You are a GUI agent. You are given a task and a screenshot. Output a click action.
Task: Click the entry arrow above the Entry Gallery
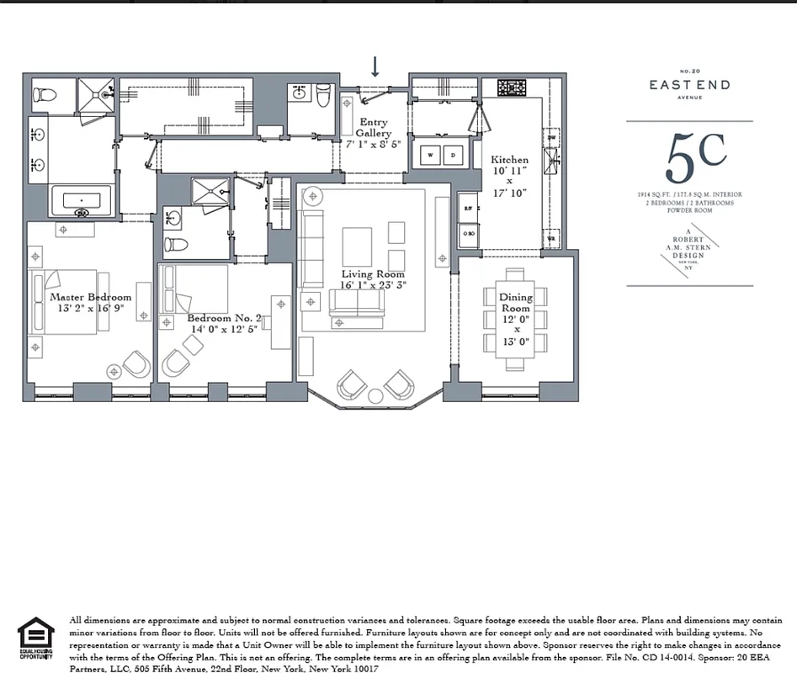375,66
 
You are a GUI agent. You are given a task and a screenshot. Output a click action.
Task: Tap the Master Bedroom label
90,297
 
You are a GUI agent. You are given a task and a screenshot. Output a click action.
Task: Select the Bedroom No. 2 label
224,318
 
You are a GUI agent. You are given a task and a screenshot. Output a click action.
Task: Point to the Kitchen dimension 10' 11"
510,171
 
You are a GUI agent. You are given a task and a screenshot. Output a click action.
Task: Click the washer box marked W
431,156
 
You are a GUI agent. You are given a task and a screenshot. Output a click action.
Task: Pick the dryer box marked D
452,156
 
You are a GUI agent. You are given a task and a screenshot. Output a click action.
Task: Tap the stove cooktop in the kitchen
511,87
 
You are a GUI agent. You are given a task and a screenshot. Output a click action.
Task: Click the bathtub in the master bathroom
82,201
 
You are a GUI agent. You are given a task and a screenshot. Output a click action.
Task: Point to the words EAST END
689,84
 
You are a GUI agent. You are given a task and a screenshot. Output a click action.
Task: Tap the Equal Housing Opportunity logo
35,638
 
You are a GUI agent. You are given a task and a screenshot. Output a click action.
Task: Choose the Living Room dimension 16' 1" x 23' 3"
374,285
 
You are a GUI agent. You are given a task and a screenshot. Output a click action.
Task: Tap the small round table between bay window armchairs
375,395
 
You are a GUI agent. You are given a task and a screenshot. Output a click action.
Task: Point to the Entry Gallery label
373,128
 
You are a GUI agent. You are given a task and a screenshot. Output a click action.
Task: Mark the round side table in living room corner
312,195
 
